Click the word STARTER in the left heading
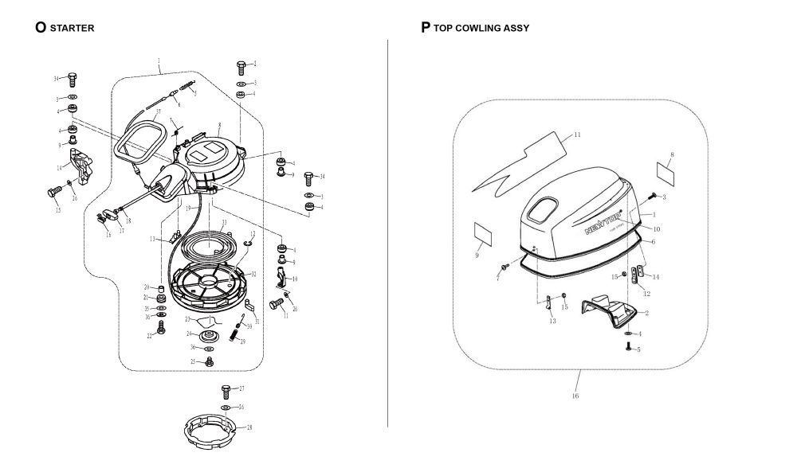pyautogui.click(x=72, y=28)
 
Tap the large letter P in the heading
pyautogui.click(x=426, y=27)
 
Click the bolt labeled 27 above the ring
pyautogui.click(x=225, y=391)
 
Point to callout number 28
pyautogui.click(x=249, y=427)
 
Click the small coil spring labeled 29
pyautogui.click(x=235, y=332)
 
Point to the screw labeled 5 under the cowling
pyautogui.click(x=629, y=346)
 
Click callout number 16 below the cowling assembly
pyautogui.click(x=575, y=395)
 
